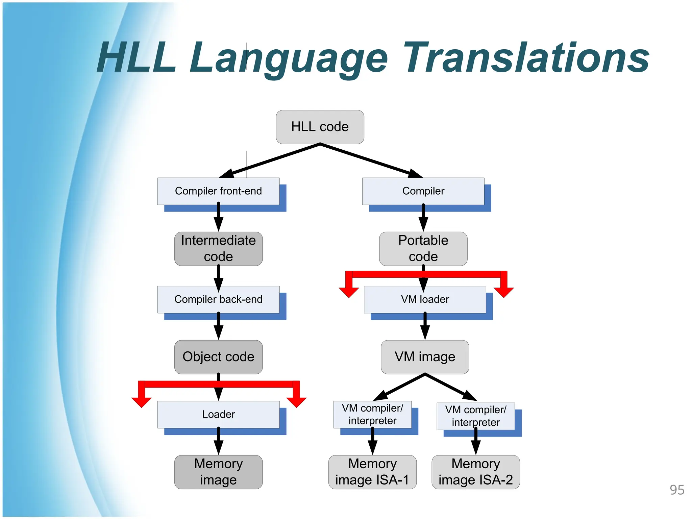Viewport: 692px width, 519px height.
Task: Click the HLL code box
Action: click(320, 127)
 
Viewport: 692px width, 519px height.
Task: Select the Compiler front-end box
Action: click(218, 191)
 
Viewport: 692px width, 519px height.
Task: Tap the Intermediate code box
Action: click(218, 248)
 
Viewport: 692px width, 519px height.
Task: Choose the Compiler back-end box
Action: click(218, 299)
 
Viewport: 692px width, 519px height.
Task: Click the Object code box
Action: click(218, 357)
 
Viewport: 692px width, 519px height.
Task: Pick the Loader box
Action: click(218, 414)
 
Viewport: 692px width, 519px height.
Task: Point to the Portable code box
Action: click(423, 248)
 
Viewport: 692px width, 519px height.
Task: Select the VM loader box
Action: click(425, 299)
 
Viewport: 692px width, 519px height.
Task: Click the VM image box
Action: click(425, 357)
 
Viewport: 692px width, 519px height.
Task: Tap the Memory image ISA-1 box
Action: click(372, 472)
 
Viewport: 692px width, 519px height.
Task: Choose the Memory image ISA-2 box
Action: click(475, 472)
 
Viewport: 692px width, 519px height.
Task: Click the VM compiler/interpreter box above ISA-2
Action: click(475, 416)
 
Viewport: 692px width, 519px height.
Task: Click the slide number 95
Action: click(677, 490)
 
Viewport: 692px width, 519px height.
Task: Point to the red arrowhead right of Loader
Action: click(296, 402)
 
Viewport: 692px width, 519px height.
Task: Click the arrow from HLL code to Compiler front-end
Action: click(270, 161)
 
